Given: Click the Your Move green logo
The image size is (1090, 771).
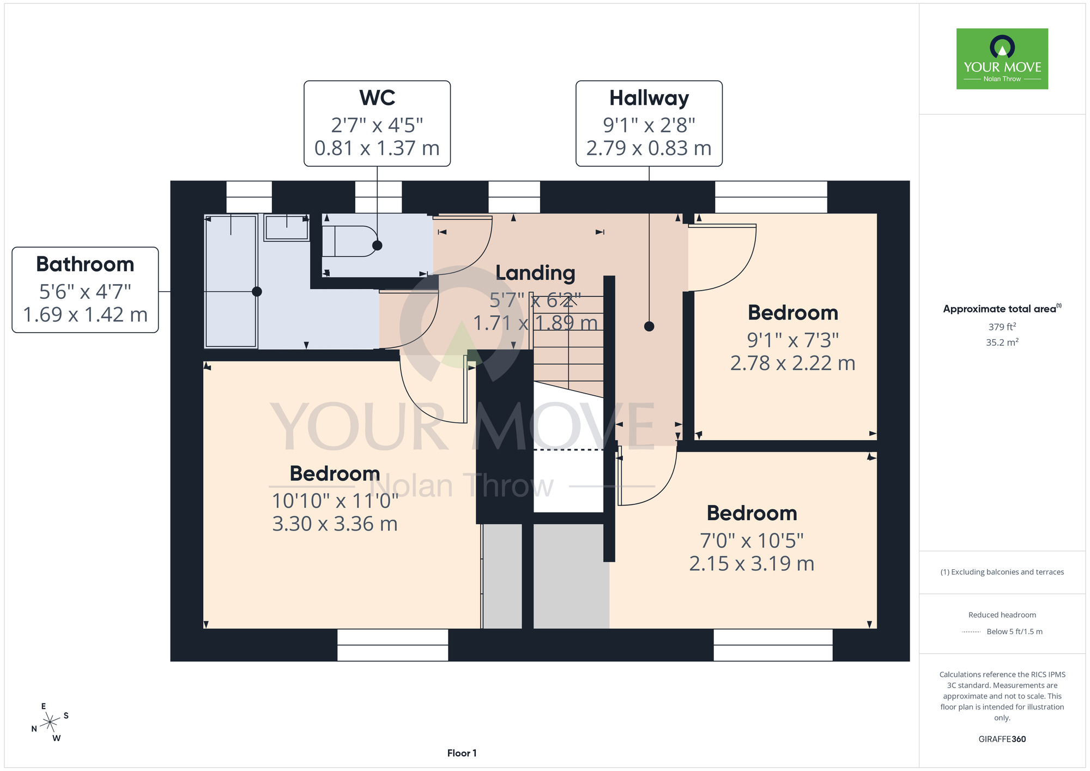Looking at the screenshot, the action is (x=1002, y=59).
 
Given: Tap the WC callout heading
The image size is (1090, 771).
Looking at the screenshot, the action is (x=377, y=98).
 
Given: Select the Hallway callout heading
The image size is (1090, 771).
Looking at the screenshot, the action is (x=649, y=98).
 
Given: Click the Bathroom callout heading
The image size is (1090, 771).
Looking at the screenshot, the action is (x=85, y=264).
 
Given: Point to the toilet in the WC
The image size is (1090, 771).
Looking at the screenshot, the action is (x=349, y=241).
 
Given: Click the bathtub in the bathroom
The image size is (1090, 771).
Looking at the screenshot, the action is (x=231, y=281).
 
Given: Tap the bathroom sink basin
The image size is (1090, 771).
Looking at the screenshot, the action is (x=287, y=227).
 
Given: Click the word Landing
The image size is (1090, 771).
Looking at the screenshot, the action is (x=535, y=273).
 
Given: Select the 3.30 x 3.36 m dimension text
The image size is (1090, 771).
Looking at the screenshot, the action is (x=335, y=524).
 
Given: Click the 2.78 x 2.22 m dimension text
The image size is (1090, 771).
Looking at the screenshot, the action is (x=792, y=363).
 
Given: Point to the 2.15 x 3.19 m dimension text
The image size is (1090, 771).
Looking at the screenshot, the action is (x=752, y=564).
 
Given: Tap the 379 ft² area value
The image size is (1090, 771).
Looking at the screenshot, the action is (x=1002, y=327).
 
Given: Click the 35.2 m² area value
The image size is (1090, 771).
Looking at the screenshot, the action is (x=1002, y=342).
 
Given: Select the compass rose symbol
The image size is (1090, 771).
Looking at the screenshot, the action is (x=50, y=722).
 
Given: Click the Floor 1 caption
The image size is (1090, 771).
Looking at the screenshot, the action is (x=462, y=753).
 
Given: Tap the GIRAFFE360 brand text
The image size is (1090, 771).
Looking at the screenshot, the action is (x=1002, y=739).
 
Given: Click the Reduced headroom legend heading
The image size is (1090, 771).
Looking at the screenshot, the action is (x=1002, y=615).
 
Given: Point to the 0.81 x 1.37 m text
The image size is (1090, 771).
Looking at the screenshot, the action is (x=377, y=148).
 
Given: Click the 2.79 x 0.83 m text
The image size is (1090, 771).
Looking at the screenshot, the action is (x=649, y=148).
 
